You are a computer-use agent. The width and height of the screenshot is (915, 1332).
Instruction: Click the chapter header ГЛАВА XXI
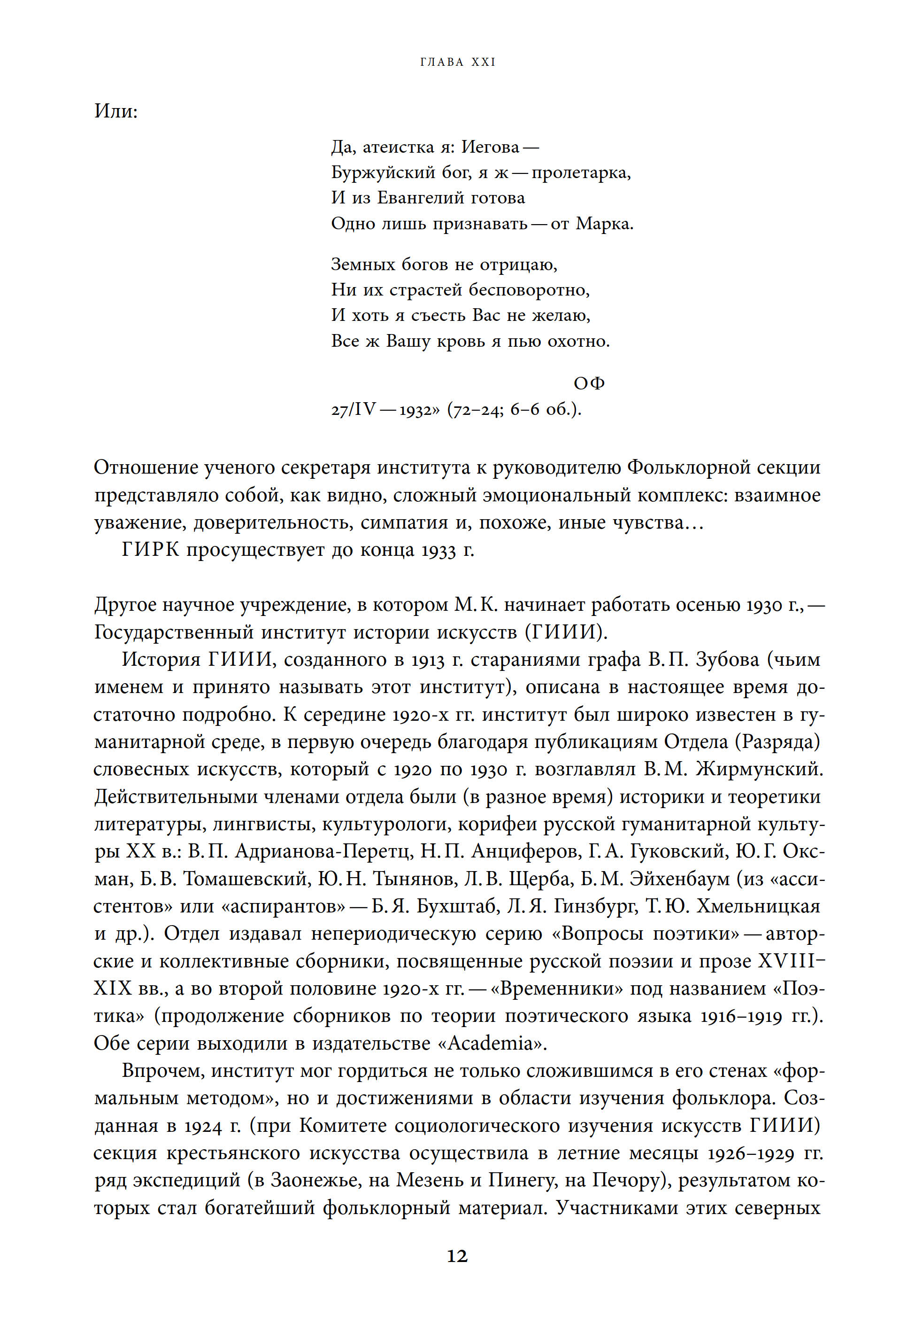457,62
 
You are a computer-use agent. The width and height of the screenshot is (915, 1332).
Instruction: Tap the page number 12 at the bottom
457,1256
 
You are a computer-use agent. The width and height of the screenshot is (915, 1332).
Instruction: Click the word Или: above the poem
116,111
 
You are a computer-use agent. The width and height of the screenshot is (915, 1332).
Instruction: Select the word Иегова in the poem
490,148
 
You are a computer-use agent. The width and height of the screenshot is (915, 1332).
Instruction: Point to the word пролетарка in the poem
580,173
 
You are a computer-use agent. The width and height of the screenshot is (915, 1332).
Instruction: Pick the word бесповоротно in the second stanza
529,290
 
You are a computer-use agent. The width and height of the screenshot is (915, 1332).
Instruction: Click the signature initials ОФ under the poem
589,383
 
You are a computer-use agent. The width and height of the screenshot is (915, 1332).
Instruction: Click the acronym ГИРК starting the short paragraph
150,550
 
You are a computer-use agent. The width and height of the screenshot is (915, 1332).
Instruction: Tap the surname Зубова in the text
727,660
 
